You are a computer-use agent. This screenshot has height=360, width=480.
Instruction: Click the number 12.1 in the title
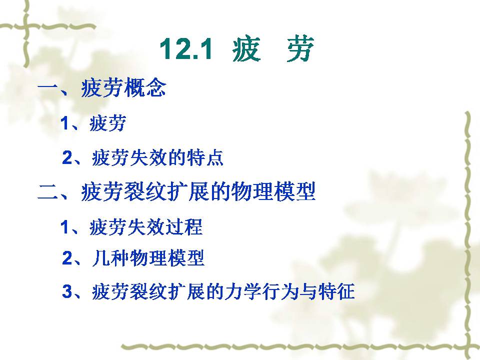point(186,49)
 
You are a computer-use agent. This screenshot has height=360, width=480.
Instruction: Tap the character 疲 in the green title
point(246,49)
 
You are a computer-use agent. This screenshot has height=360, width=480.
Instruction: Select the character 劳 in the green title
point(300,49)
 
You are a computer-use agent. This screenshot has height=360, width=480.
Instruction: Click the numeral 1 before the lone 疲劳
point(65,123)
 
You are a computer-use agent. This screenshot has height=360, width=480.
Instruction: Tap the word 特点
point(205,157)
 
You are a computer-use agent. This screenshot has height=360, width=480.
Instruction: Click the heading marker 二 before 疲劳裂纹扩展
point(48,192)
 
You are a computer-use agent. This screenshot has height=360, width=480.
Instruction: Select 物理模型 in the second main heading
point(273,191)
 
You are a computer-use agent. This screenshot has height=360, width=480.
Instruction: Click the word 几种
point(111,258)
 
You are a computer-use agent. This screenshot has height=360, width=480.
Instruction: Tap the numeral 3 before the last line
point(67,291)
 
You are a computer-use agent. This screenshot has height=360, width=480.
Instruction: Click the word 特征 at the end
point(336,291)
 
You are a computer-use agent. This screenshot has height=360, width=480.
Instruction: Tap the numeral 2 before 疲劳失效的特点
point(67,157)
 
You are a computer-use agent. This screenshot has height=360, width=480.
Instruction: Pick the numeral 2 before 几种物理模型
point(67,258)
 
